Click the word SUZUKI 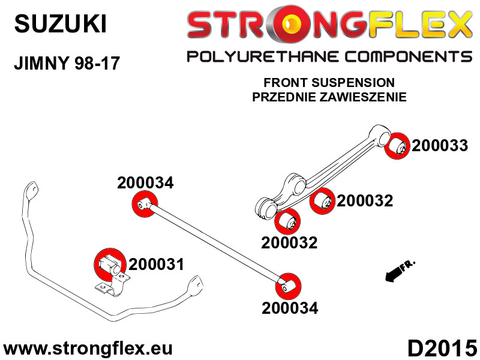tap(61, 24)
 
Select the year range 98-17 tap(97, 64)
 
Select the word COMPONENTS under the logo tap(409, 57)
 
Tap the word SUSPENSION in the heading tap(353, 83)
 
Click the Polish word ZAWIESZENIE tap(363, 97)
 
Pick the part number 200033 tap(440, 145)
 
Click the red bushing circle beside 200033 tap(397, 146)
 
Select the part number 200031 tap(156, 264)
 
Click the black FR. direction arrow tap(400, 271)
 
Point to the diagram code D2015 tap(442, 349)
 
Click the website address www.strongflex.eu tap(88, 349)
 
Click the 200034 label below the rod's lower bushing tap(290, 308)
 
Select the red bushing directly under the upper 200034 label tap(145, 203)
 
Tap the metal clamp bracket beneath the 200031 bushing tap(113, 286)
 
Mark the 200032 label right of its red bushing tap(365, 201)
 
